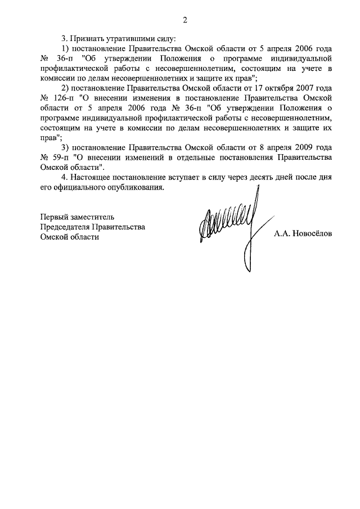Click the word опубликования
tap(138, 187)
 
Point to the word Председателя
tap(67, 227)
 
